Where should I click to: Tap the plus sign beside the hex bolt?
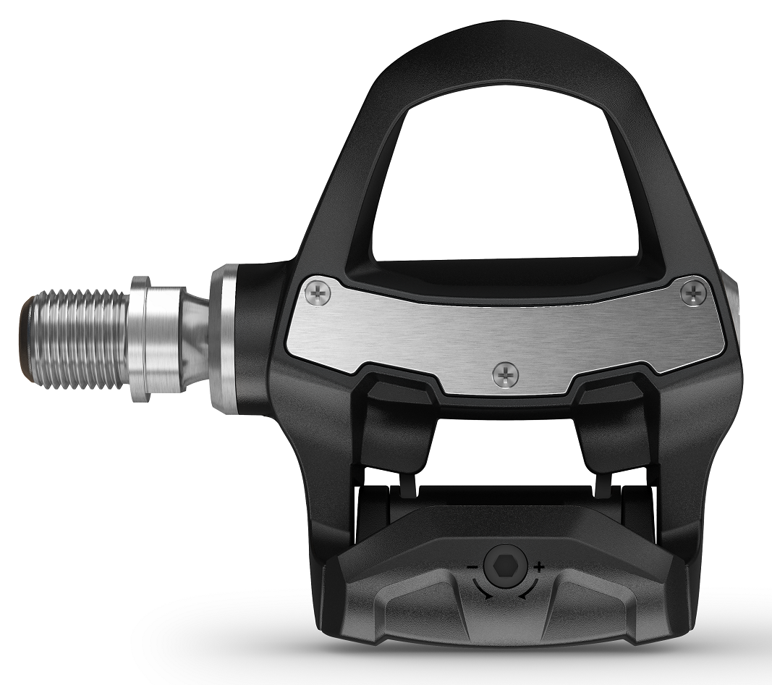[x=538, y=565]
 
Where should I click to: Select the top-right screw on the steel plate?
[x=694, y=292]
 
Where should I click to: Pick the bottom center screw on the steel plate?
[x=504, y=374]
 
